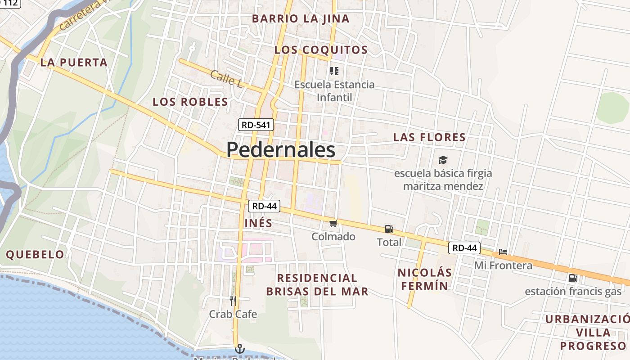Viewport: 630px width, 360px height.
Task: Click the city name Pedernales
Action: tap(281, 150)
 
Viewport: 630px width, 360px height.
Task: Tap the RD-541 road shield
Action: tap(256, 125)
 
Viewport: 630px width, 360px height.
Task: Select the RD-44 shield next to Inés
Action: tap(264, 206)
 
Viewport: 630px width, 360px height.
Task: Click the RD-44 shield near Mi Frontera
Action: tap(464, 247)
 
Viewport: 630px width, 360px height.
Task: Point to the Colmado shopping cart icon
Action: tap(333, 224)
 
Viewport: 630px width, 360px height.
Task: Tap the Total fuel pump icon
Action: tap(389, 229)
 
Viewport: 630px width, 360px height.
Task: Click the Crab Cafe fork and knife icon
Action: tap(233, 301)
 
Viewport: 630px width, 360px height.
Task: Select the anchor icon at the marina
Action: tap(240, 349)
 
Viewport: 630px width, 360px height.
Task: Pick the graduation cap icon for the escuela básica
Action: tap(443, 160)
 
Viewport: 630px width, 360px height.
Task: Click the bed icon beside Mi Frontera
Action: tap(503, 252)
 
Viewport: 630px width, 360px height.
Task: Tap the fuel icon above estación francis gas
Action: tap(573, 278)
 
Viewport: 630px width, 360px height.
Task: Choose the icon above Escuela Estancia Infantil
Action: tap(334, 71)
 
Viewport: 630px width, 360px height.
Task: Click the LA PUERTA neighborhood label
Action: tap(74, 63)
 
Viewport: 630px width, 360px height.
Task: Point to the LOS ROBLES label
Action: tap(190, 102)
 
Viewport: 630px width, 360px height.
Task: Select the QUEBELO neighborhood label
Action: tap(35, 255)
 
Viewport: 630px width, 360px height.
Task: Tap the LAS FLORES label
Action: tap(429, 137)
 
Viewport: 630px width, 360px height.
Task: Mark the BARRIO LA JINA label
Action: tap(301, 19)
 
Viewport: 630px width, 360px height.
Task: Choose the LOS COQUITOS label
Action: tap(321, 50)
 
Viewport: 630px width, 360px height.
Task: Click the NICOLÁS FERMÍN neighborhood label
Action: tap(425, 279)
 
